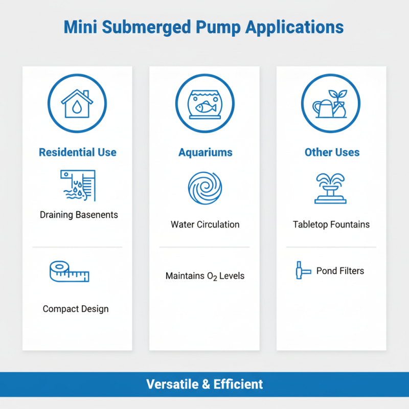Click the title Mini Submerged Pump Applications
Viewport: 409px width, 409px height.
[x=204, y=27]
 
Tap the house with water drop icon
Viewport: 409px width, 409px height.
[x=77, y=103]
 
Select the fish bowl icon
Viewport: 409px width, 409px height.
[x=204, y=103]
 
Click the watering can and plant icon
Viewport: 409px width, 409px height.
[x=331, y=103]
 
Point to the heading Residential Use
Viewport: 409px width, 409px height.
[x=78, y=152]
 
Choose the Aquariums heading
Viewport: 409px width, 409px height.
[x=205, y=152]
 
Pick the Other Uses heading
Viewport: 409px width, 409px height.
[x=332, y=152]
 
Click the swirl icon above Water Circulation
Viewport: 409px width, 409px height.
[x=204, y=188]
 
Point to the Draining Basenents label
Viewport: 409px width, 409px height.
[x=79, y=215]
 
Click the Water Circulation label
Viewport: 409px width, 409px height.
[x=205, y=224]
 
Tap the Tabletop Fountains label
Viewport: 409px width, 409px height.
[x=331, y=224]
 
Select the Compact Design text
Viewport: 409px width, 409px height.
[x=76, y=309]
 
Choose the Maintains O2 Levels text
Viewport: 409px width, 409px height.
[x=205, y=276]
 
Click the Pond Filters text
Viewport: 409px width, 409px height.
[x=340, y=270]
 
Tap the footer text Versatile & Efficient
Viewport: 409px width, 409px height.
[x=204, y=384]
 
